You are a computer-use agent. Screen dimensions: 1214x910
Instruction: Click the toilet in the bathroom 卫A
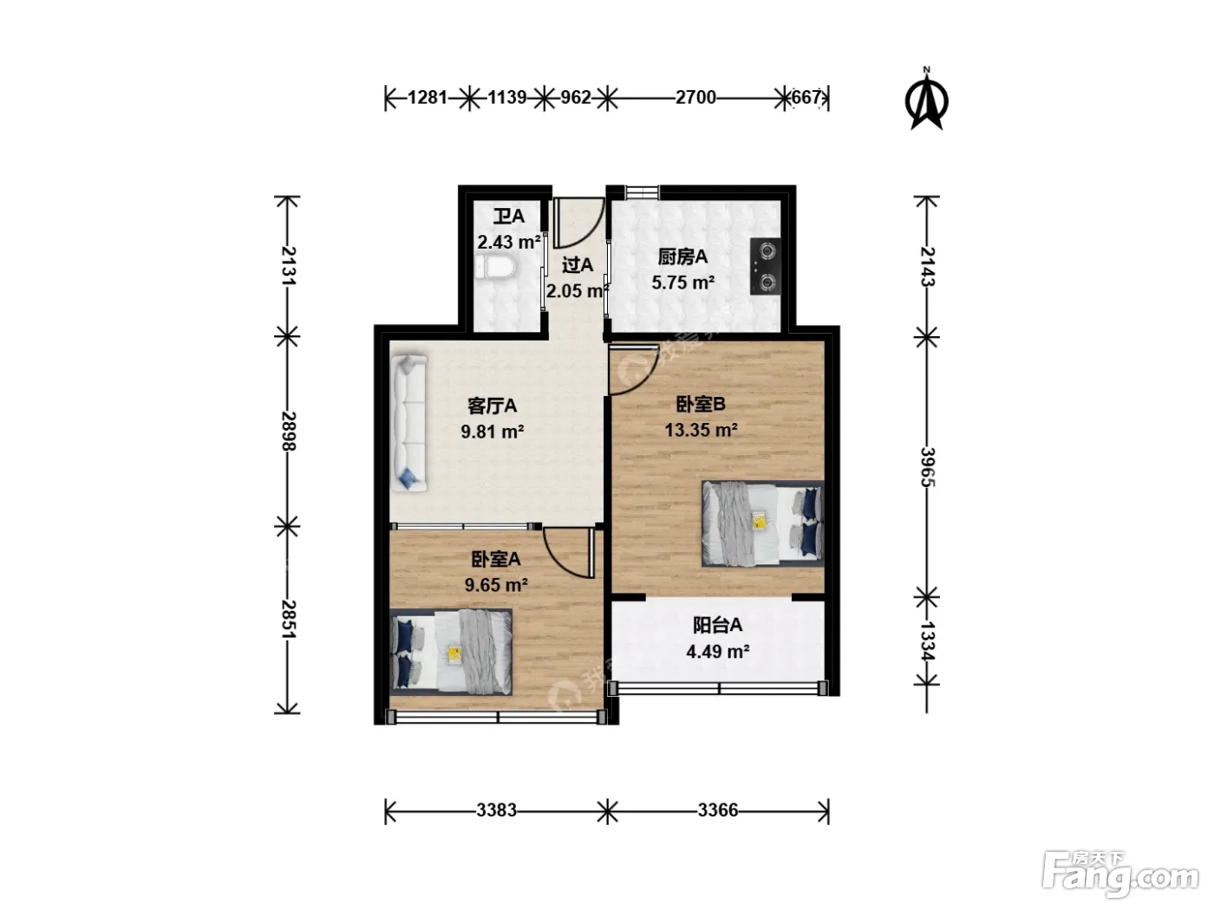click(494, 269)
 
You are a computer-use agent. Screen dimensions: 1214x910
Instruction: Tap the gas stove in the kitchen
click(766, 266)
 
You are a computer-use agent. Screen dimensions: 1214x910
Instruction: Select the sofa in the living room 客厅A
click(408, 423)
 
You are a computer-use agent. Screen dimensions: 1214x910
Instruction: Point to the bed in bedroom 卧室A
click(451, 652)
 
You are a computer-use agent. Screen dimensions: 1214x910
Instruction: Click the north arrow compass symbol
click(926, 100)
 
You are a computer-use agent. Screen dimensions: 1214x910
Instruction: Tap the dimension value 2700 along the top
click(695, 98)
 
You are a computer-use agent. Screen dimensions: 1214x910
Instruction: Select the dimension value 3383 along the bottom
click(496, 810)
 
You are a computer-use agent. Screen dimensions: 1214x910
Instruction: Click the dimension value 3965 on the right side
click(927, 467)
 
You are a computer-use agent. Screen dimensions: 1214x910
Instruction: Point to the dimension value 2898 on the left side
click(289, 431)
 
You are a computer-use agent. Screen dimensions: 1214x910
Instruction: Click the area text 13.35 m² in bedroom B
click(701, 429)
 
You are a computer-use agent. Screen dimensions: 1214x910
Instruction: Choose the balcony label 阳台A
click(717, 625)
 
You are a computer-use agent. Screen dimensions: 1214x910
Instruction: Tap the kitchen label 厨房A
click(682, 257)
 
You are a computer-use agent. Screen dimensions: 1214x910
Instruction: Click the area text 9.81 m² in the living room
click(493, 432)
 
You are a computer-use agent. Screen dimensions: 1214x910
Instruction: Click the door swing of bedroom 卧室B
click(634, 370)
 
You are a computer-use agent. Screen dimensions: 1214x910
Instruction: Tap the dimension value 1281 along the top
click(427, 98)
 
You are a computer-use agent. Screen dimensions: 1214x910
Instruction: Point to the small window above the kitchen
click(643, 192)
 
